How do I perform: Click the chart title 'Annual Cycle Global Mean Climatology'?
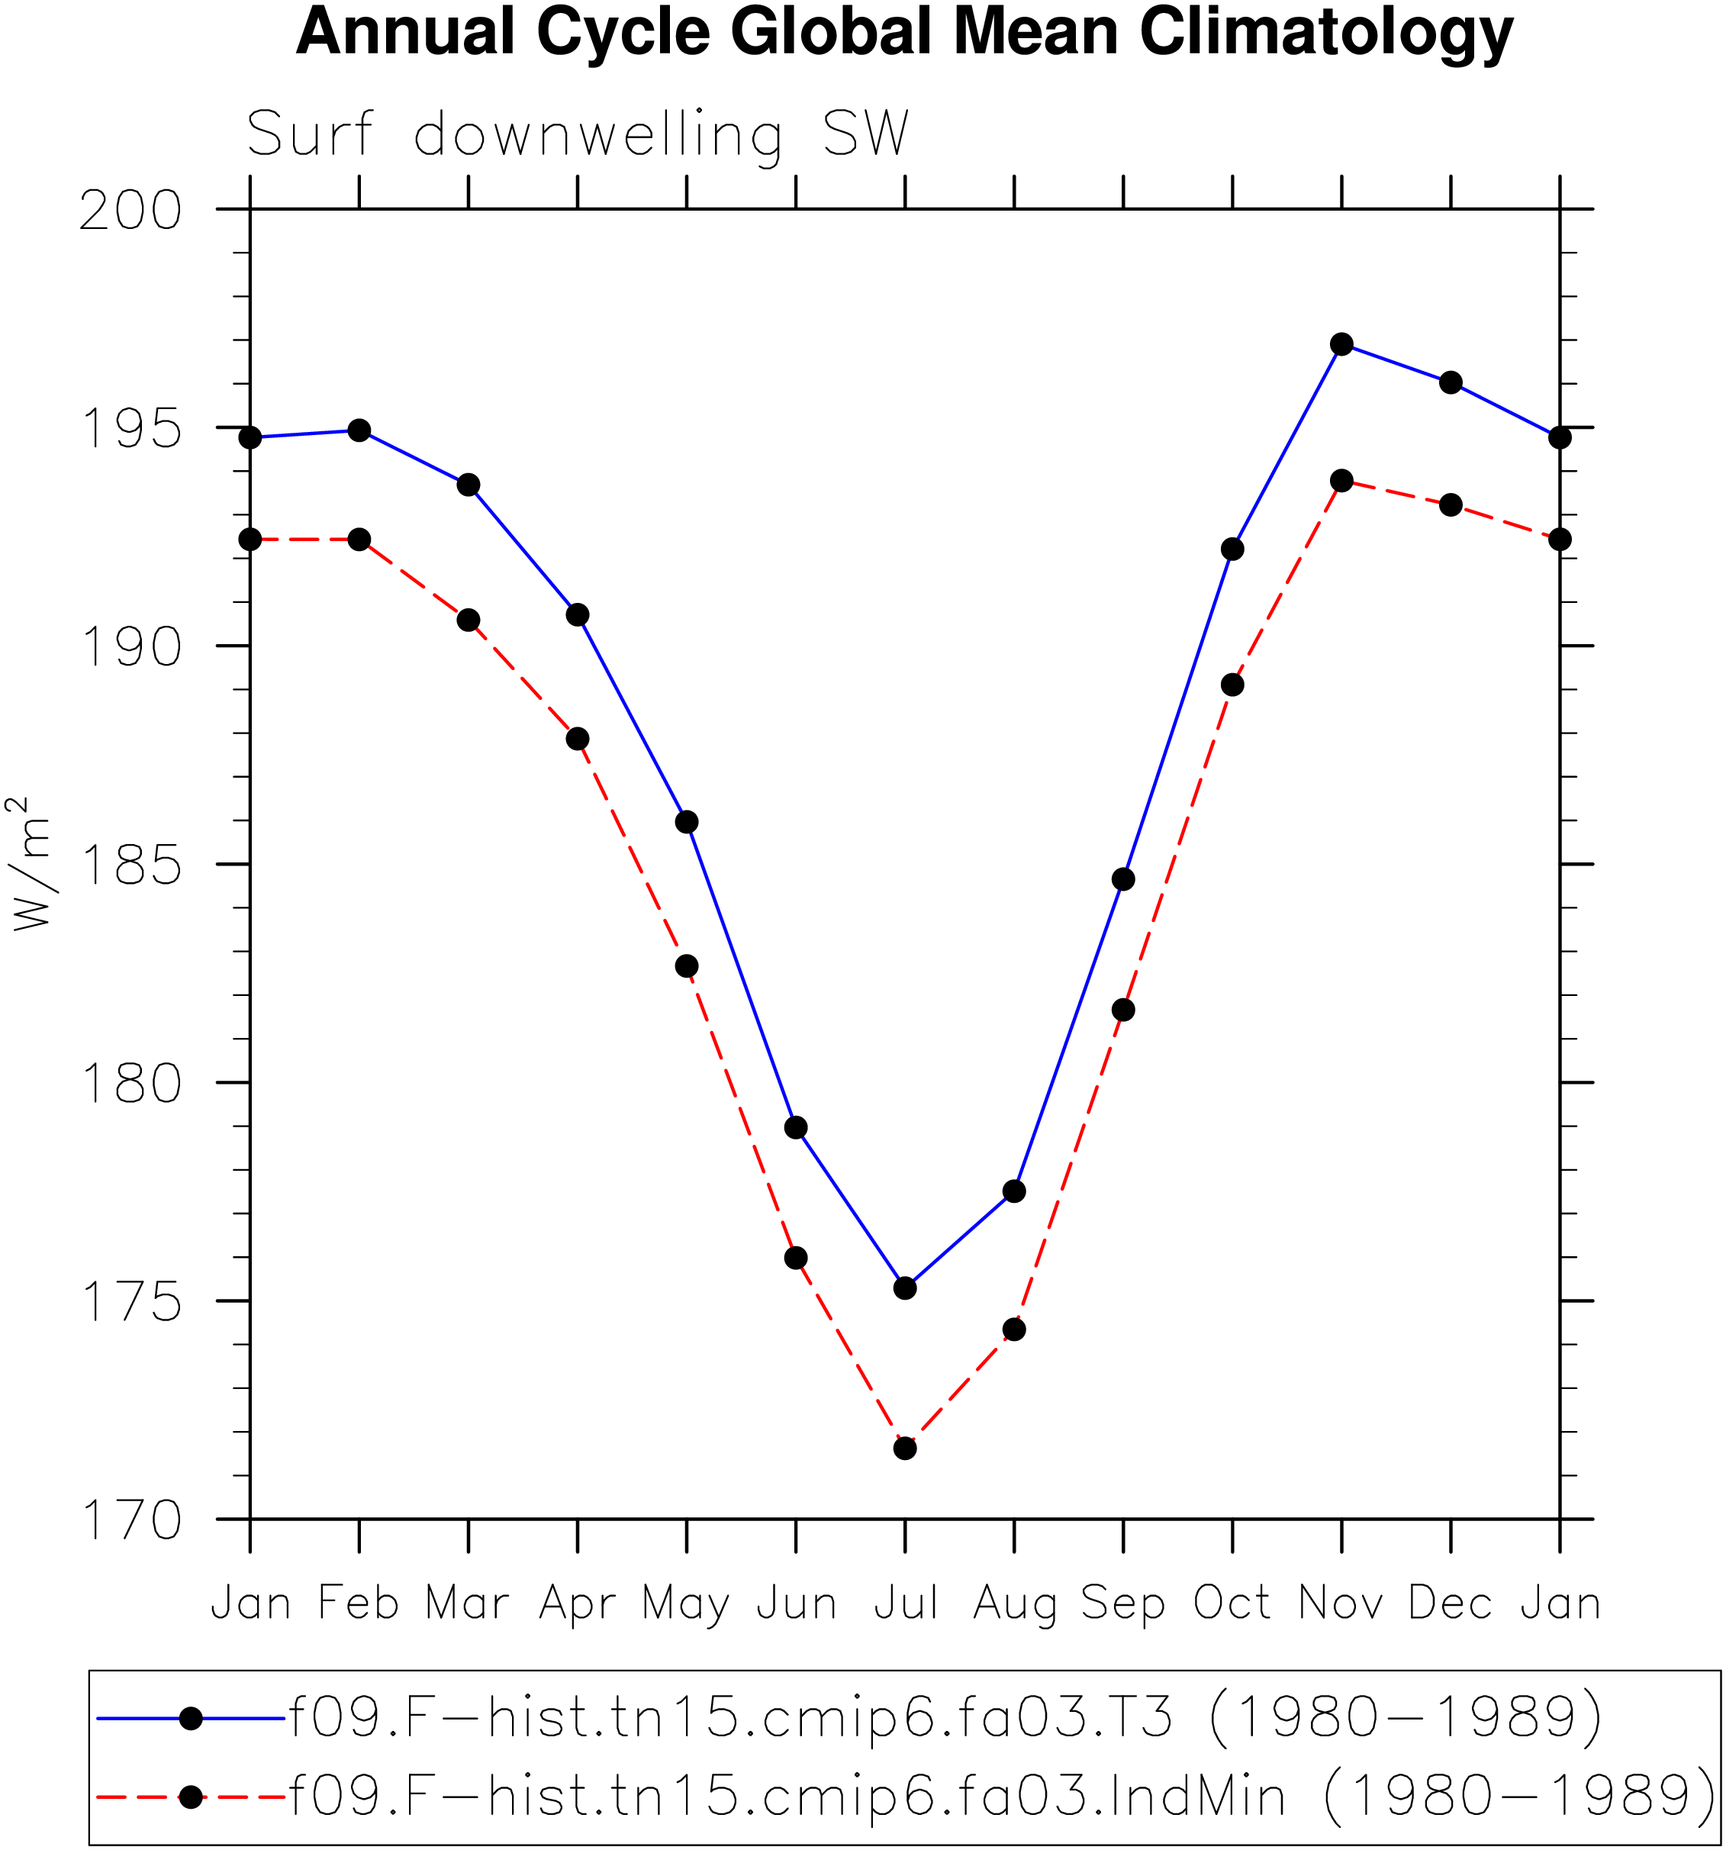[903, 34]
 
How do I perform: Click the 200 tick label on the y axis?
[130, 211]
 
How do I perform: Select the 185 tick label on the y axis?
[130, 865]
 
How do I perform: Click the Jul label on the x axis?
[904, 1603]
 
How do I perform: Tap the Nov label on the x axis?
[1341, 1603]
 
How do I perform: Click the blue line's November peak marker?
[1341, 344]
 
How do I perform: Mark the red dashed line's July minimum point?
[904, 1448]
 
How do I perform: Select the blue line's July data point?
[904, 1288]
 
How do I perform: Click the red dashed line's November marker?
[1341, 480]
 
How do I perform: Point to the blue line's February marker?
[359, 430]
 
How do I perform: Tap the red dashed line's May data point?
[687, 966]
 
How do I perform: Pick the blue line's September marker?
[1123, 879]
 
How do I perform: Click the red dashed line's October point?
[1232, 685]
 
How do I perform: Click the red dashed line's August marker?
[1014, 1329]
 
